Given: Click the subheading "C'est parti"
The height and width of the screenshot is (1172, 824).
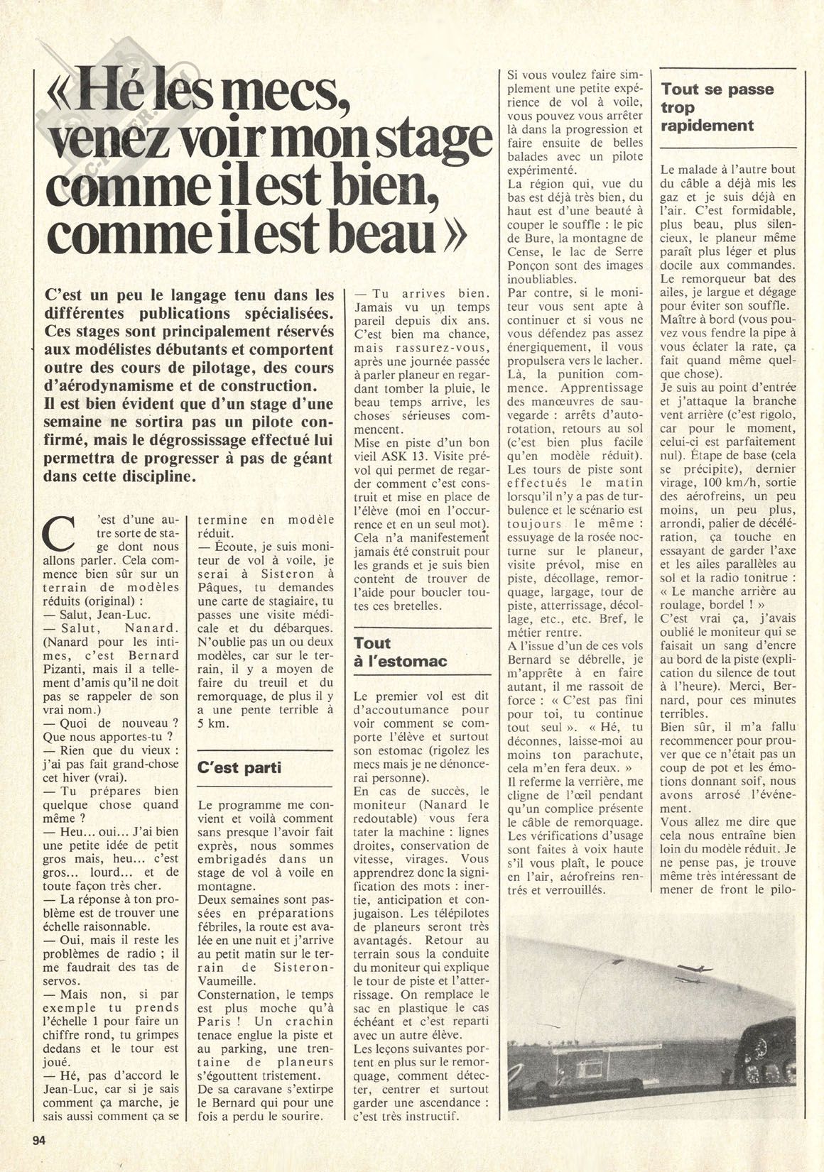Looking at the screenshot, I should point(239,769).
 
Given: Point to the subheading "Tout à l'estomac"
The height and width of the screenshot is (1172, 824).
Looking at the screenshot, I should point(400,652).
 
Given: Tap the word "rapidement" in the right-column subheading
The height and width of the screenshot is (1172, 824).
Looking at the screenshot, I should point(708,125).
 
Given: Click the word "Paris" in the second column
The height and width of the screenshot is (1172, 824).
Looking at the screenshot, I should point(213,1022).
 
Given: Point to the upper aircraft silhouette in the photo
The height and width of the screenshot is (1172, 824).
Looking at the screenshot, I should point(689,968).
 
